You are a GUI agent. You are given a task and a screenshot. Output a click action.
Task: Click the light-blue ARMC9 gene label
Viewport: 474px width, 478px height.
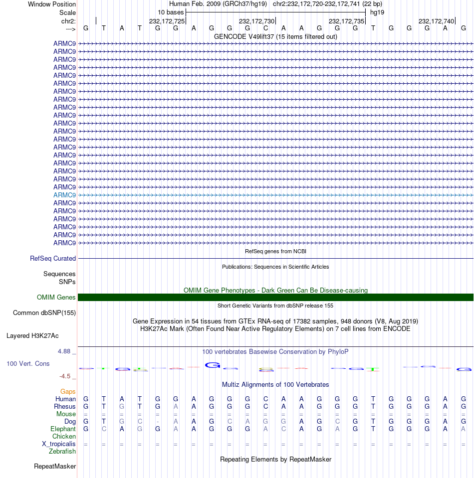click(x=64, y=195)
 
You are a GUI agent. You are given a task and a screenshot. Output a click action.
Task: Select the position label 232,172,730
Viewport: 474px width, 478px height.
click(x=257, y=21)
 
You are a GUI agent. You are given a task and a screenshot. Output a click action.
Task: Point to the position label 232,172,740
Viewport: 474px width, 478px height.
click(x=437, y=21)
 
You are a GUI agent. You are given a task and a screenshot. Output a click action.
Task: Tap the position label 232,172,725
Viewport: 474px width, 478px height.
click(x=167, y=21)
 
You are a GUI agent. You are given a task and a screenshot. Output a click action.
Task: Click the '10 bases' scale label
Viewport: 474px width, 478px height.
click(x=171, y=12)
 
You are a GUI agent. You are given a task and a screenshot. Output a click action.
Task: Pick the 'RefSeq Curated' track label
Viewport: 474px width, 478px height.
click(x=53, y=259)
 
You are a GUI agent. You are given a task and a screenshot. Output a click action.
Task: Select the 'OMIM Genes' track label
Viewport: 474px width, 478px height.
click(x=56, y=298)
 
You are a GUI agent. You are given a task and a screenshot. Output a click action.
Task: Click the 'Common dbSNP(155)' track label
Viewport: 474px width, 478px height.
click(x=44, y=313)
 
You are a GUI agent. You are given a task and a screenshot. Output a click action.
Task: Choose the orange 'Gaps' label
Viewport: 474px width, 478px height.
click(x=68, y=392)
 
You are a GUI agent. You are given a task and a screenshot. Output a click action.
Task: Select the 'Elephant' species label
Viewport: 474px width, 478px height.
click(x=63, y=429)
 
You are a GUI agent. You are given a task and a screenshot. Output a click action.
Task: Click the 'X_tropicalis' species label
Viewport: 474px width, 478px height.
click(x=59, y=444)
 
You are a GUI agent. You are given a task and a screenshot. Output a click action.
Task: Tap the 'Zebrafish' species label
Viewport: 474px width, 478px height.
click(x=62, y=452)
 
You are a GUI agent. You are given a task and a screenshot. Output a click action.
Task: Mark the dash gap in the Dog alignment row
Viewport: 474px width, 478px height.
click(x=158, y=422)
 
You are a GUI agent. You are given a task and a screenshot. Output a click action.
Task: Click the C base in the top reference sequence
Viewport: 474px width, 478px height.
click(x=266, y=28)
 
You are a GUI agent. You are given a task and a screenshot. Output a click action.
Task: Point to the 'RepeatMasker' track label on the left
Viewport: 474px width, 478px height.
click(x=55, y=467)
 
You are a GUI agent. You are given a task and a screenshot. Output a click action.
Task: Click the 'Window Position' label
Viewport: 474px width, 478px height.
click(x=52, y=4)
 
